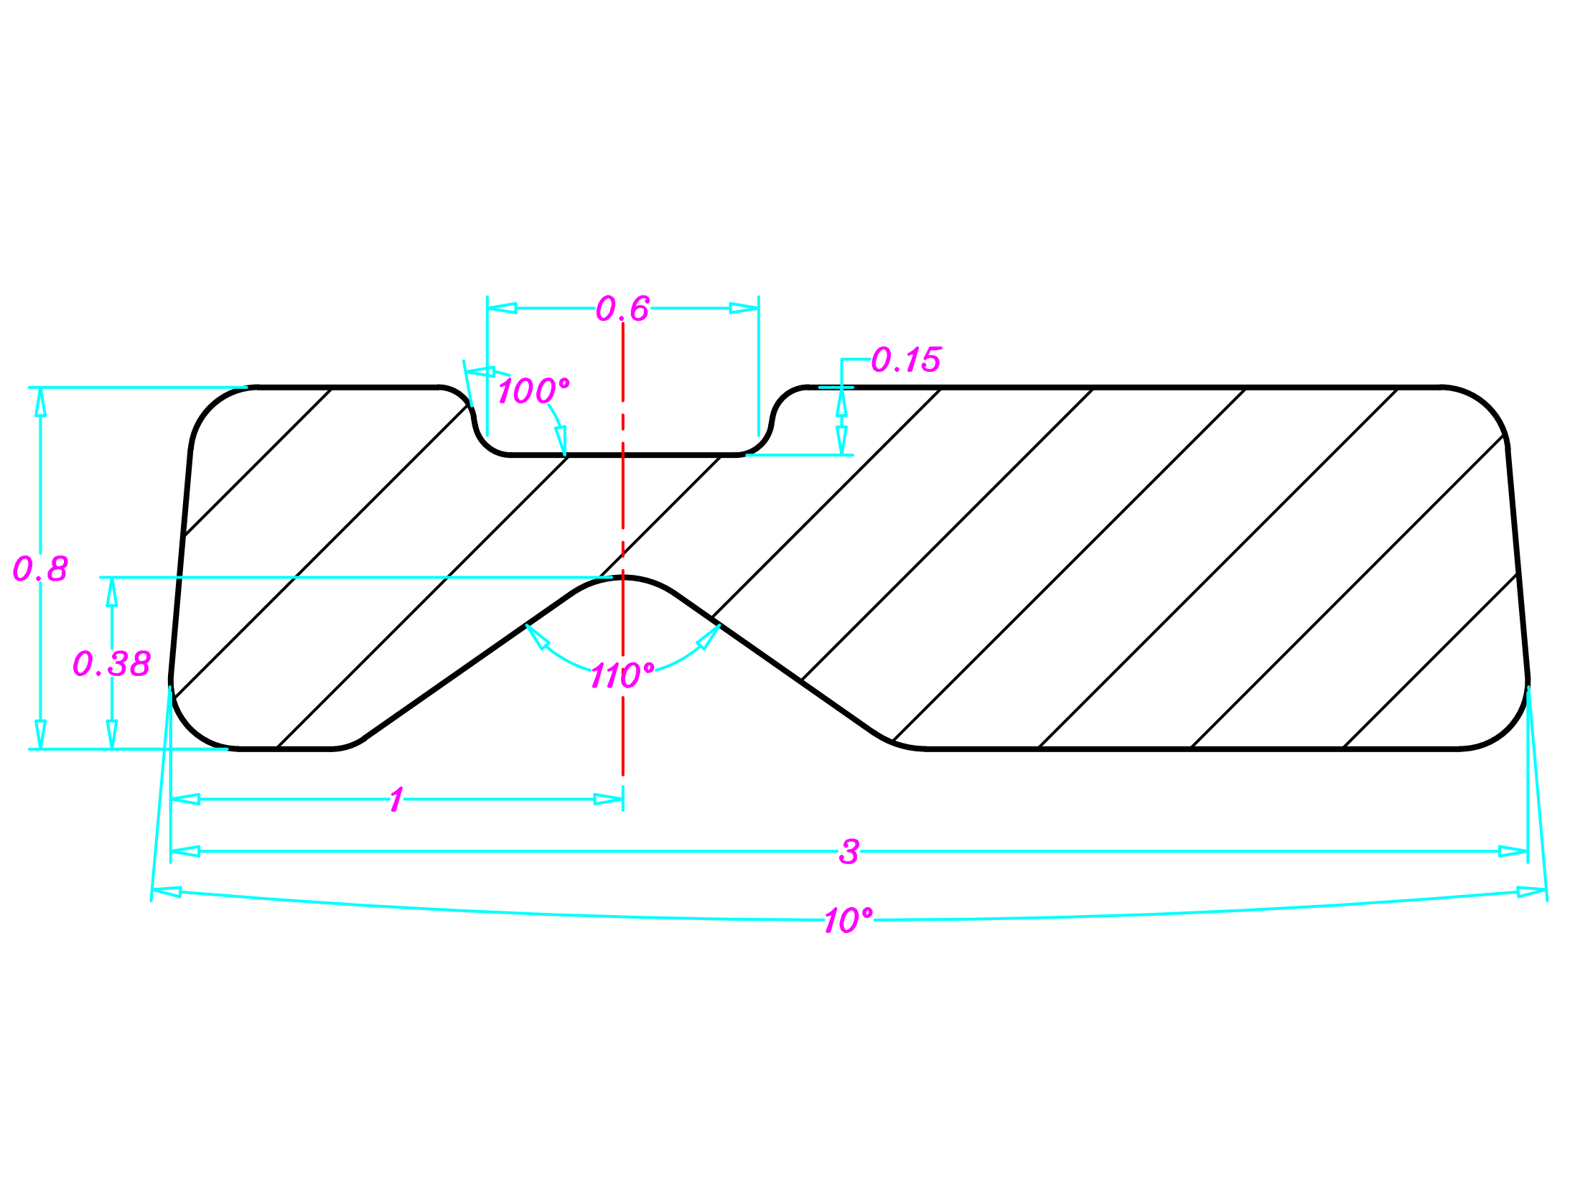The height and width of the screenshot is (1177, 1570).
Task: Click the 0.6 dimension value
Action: (x=622, y=309)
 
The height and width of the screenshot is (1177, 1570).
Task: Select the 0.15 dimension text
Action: (x=905, y=360)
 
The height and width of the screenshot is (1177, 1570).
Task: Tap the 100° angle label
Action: (x=533, y=391)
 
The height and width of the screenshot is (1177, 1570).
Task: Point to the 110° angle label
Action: (x=622, y=676)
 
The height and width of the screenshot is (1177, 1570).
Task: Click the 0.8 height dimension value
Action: (x=40, y=569)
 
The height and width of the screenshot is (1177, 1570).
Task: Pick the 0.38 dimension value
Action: (x=112, y=664)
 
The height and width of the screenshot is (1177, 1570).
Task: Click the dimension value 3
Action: (x=849, y=852)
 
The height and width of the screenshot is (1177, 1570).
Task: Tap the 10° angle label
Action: (x=848, y=921)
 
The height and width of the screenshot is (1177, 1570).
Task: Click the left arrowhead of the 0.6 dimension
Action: (x=501, y=309)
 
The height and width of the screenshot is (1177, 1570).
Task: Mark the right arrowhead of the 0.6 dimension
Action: (x=744, y=309)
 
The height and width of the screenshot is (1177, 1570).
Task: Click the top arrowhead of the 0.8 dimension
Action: (x=40, y=402)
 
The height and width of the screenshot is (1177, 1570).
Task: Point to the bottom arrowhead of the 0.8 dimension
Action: (x=40, y=734)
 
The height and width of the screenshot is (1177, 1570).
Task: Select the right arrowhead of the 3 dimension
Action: (x=1513, y=852)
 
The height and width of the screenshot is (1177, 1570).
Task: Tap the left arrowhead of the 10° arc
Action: (x=167, y=892)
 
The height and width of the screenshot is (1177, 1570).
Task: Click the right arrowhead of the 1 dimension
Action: (x=608, y=799)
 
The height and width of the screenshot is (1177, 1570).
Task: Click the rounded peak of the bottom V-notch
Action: (x=622, y=578)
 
